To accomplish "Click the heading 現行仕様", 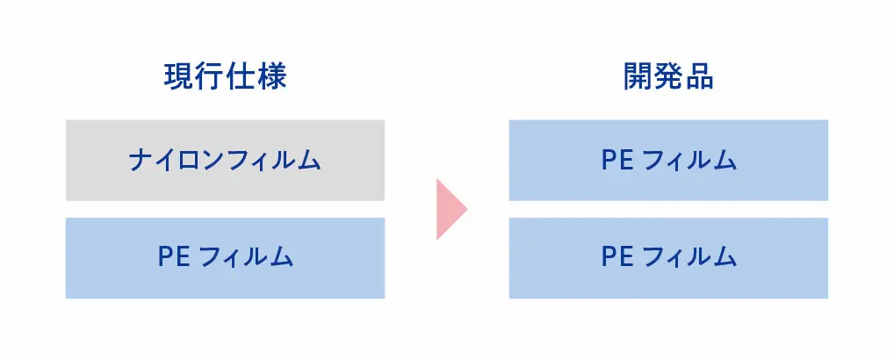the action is [225, 76].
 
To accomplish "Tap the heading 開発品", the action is [668, 76].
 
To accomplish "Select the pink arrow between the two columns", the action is [451, 208].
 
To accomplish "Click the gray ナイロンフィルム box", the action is [225, 160].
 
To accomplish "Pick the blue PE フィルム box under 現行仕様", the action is [225, 258].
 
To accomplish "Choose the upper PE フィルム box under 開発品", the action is [668, 160].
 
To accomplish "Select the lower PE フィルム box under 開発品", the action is [668, 258].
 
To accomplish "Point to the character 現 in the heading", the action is [179, 76].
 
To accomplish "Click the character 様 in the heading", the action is [271, 76].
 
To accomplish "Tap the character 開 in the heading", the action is [638, 76].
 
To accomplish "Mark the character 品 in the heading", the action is [699, 76].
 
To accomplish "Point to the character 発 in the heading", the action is [668, 76].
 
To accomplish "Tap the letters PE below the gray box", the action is [173, 258].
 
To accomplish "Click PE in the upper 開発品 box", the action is [616, 160].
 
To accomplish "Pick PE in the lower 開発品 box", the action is [616, 258].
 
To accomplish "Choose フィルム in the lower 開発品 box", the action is [689, 258].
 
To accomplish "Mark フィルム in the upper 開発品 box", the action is [689, 160].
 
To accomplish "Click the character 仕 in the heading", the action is [241, 76].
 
